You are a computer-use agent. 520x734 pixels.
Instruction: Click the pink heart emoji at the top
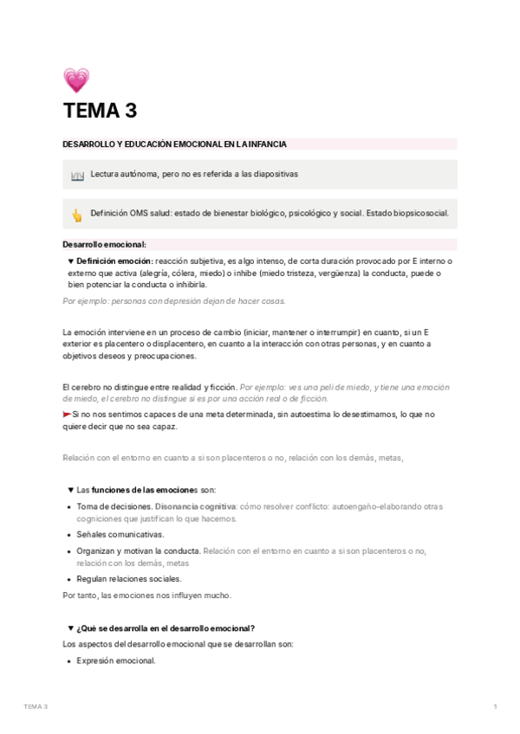(x=76, y=80)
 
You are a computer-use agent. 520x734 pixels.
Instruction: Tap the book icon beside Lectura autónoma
(x=76, y=174)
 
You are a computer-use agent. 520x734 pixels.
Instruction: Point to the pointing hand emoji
(x=76, y=215)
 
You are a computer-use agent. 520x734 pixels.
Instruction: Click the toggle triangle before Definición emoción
(x=70, y=261)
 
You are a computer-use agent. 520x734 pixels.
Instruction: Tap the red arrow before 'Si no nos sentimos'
(x=68, y=415)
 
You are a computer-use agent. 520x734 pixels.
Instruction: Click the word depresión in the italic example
(x=172, y=301)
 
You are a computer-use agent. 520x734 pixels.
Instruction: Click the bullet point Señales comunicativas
(x=120, y=534)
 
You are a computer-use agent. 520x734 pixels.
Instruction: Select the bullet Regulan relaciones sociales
(x=129, y=579)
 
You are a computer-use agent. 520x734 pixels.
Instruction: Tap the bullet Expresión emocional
(x=116, y=660)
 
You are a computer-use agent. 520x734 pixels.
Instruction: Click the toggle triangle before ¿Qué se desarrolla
(x=70, y=628)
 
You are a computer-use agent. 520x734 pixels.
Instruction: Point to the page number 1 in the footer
(x=495, y=707)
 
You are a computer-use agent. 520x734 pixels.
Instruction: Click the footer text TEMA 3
(x=36, y=707)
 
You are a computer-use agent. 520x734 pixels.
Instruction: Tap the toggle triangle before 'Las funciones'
(x=70, y=490)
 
